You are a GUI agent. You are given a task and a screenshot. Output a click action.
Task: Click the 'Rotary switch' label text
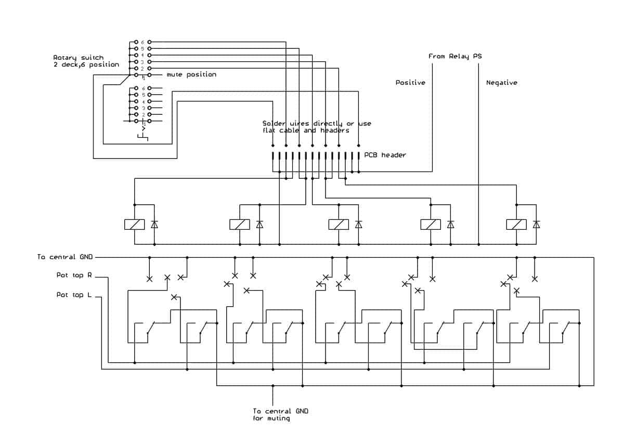point(79,58)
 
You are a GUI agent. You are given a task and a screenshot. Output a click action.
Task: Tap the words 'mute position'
point(191,75)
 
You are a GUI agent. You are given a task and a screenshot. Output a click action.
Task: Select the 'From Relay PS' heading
point(455,56)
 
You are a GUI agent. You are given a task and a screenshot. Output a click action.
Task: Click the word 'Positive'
point(410,83)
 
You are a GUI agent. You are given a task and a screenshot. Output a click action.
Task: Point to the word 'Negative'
point(502,83)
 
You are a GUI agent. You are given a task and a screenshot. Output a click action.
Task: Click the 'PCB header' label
point(385,155)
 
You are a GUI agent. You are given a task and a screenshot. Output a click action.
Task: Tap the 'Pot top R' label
point(74,275)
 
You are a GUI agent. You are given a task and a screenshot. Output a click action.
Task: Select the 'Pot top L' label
point(74,295)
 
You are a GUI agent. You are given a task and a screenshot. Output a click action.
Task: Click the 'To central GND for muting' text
point(280,415)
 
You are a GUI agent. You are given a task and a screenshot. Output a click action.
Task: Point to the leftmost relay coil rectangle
point(134,225)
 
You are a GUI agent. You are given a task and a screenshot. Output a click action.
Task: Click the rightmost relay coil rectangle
point(516,225)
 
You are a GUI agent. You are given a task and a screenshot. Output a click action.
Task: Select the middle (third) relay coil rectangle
point(339,225)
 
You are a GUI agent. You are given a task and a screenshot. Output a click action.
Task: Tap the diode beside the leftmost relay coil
point(154,225)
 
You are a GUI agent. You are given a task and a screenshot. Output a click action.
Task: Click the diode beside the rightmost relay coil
point(536,225)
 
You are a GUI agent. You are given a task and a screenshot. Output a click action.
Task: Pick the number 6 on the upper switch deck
point(142,42)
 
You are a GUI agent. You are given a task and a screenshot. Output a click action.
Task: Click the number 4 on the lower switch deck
point(144,102)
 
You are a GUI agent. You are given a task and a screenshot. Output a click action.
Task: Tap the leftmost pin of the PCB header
point(272,156)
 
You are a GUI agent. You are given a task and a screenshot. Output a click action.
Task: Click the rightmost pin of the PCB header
point(358,156)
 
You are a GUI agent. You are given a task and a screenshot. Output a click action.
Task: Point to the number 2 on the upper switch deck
point(142,69)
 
